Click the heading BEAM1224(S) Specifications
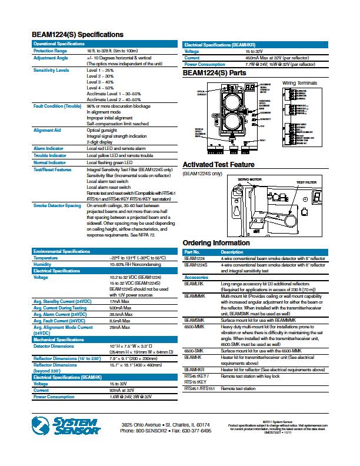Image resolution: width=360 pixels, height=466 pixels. [78, 35]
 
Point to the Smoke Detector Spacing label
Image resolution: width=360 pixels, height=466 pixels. [58, 206]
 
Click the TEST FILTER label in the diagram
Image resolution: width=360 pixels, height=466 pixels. [306, 182]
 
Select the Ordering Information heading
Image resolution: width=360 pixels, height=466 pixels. [216, 243]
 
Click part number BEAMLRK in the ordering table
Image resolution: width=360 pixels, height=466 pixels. [194, 283]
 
